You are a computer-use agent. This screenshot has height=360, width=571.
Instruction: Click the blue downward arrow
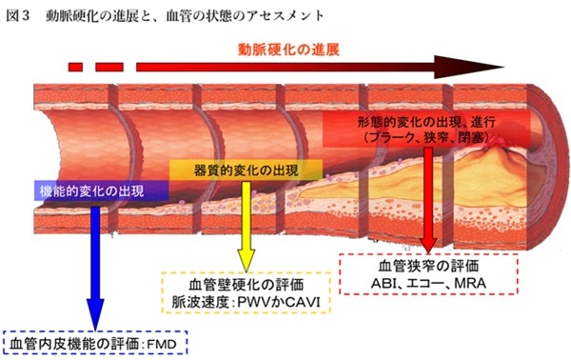[x=94, y=267]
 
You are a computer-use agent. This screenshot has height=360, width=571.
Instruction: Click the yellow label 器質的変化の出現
[x=246, y=169]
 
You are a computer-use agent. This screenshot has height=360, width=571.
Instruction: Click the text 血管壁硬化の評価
[x=245, y=284]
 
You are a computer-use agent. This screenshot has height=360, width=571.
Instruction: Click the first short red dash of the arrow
[x=76, y=68]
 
